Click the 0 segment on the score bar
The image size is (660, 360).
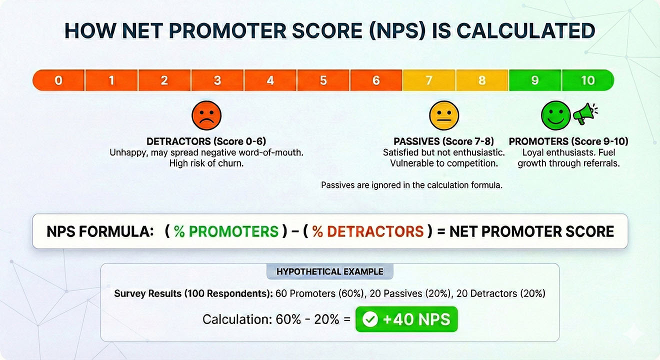click(58, 80)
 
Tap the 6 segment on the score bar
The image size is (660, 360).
click(376, 80)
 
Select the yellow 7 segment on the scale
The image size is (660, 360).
click(429, 80)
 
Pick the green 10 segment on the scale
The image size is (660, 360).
click(588, 80)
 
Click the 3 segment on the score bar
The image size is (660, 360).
click(217, 80)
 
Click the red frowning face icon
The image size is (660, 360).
click(206, 116)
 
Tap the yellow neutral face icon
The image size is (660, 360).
click(443, 116)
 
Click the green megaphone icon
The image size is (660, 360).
click(584, 115)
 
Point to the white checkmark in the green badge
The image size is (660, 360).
click(370, 319)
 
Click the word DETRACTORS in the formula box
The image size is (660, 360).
click(367, 231)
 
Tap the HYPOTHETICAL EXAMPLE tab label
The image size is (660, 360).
click(330, 272)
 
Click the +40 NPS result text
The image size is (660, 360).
click(416, 319)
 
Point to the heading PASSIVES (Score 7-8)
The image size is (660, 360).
click(443, 141)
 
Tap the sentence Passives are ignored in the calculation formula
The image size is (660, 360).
click(411, 185)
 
